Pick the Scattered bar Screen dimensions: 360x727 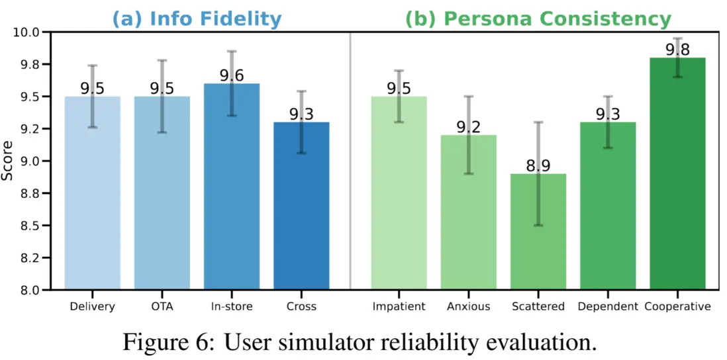click(538, 232)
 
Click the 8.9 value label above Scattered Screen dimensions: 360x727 click(538, 166)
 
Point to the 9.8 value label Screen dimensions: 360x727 click(677, 50)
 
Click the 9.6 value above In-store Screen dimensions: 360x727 click(231, 75)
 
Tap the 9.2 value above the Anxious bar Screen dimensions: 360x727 click(469, 127)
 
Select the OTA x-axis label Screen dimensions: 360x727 click(162, 306)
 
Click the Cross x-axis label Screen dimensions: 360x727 click(301, 306)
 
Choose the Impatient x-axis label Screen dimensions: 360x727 click(399, 306)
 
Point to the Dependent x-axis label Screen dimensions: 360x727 click(607, 306)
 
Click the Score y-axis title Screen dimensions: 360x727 click(7, 161)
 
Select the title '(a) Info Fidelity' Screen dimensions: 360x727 click(197, 19)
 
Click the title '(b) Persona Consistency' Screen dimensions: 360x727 click(538, 19)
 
